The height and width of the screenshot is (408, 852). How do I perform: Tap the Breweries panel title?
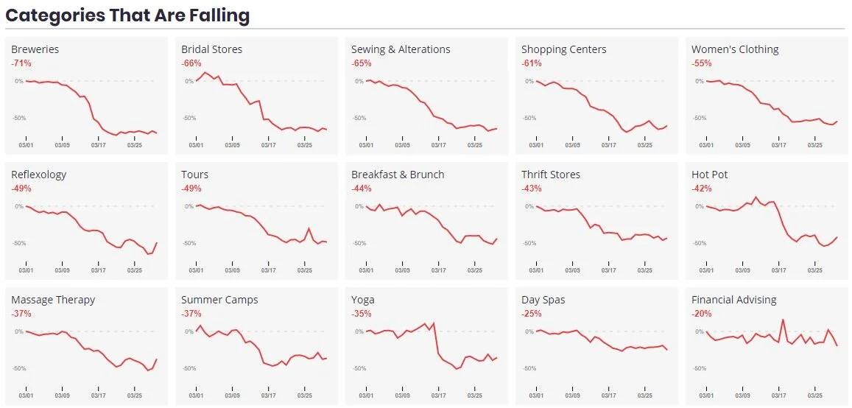point(35,49)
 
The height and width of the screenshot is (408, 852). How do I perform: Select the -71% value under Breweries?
point(21,63)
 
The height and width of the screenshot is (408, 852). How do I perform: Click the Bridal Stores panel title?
point(211,49)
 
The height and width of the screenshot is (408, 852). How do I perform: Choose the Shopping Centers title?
point(563,49)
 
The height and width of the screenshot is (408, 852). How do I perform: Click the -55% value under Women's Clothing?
point(701,63)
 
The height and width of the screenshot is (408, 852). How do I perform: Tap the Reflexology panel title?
point(38,175)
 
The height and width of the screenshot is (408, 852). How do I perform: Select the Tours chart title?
point(194,175)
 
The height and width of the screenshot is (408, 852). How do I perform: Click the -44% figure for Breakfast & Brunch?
point(361,189)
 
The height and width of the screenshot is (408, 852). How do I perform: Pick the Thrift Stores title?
point(550,175)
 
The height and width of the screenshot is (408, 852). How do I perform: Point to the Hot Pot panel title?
point(709,175)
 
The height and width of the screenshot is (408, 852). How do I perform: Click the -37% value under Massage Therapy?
point(21,314)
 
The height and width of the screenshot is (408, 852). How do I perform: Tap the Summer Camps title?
point(219,300)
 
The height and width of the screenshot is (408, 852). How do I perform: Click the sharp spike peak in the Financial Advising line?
point(782,320)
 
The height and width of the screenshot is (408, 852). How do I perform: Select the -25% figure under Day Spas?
point(531,314)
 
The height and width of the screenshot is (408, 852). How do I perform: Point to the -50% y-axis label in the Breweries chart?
point(19,118)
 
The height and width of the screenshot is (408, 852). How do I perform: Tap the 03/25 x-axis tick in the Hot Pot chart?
point(814,270)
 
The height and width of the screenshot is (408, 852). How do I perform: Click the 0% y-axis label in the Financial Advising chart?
point(699,331)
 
